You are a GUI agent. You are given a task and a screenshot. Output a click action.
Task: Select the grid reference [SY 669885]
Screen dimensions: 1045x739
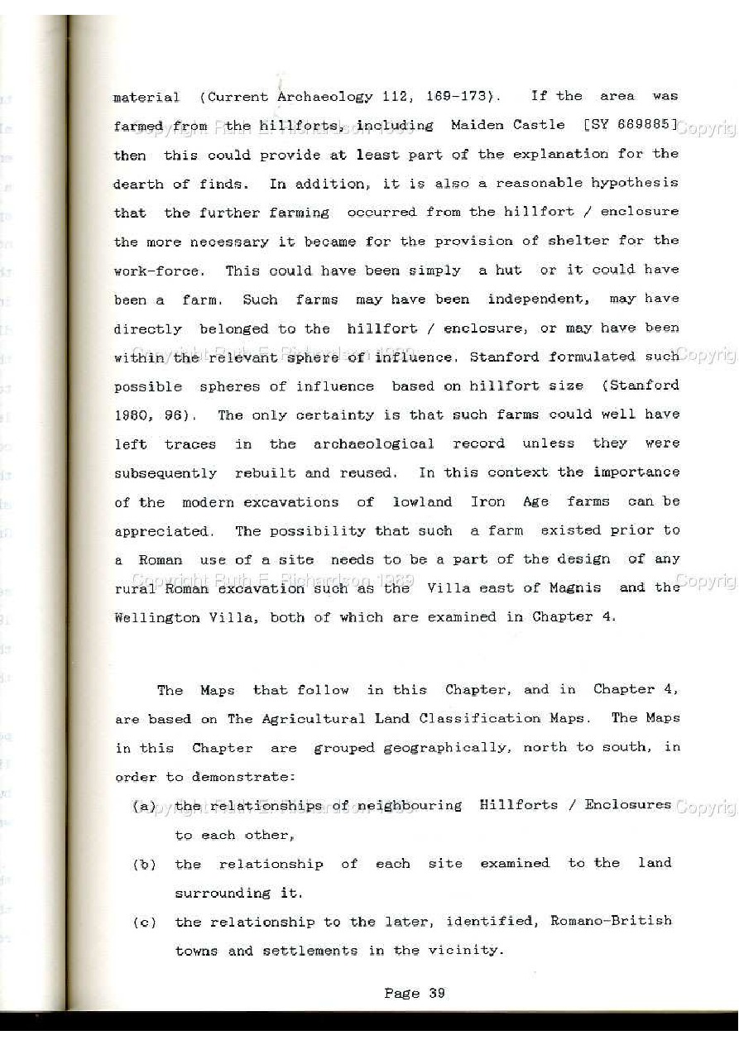coord(631,125)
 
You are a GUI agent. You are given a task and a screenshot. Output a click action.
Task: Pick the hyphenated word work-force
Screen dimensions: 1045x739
coord(156,271)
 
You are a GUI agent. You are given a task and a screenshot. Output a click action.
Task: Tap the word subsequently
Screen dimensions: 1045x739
coord(165,473)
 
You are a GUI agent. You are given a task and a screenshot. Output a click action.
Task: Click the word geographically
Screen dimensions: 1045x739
coord(444,748)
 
